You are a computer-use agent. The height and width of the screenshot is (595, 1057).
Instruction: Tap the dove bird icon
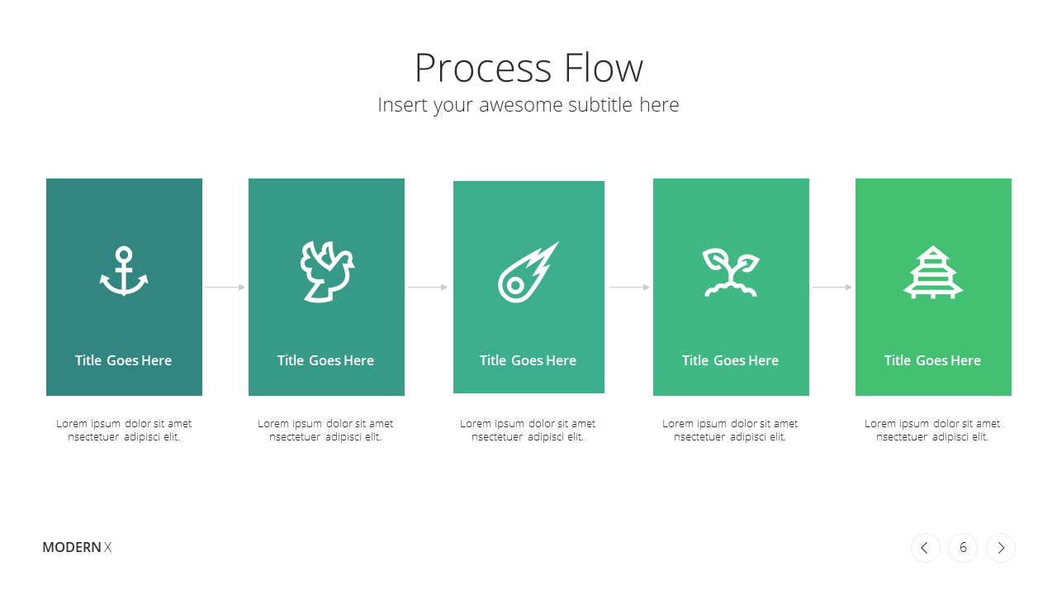click(x=327, y=272)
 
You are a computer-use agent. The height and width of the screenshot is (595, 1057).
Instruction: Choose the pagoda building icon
click(x=933, y=273)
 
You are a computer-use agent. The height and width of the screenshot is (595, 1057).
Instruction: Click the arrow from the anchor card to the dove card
click(x=225, y=287)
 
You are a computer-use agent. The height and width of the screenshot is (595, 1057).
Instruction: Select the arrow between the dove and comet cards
click(x=428, y=287)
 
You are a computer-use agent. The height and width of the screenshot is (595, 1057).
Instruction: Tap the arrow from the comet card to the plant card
click(x=629, y=287)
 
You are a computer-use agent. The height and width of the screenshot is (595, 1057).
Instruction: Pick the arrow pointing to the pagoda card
click(x=832, y=287)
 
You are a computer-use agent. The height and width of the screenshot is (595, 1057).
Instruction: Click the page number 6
click(x=963, y=548)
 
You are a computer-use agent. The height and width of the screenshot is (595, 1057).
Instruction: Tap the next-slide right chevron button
click(x=1000, y=548)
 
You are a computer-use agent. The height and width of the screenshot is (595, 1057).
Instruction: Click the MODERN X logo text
click(x=77, y=547)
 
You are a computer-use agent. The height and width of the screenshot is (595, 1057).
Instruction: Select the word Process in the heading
click(x=483, y=68)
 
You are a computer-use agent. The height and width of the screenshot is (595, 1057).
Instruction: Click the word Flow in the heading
click(x=604, y=68)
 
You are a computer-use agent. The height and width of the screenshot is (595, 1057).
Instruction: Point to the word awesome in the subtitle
click(x=523, y=105)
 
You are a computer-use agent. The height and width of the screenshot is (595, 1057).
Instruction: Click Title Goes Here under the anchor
click(x=123, y=360)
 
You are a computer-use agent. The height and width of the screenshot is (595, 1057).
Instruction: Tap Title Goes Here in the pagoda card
click(x=932, y=360)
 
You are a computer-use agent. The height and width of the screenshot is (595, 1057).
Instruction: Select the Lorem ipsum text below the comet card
click(x=528, y=431)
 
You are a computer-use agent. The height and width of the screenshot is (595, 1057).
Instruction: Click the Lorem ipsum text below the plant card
click(x=730, y=431)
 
